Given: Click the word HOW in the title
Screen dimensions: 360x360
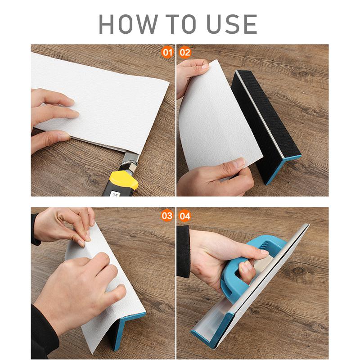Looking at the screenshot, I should tap(130, 24).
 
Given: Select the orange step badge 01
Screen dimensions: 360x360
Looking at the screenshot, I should tap(167, 52).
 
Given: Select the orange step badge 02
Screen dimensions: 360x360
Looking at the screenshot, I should tap(185, 52).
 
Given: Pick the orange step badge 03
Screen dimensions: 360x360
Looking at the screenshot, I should tap(167, 216).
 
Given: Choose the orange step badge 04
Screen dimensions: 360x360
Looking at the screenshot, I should tap(185, 216).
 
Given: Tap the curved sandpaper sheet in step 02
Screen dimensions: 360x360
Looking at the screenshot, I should tap(216, 117).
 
